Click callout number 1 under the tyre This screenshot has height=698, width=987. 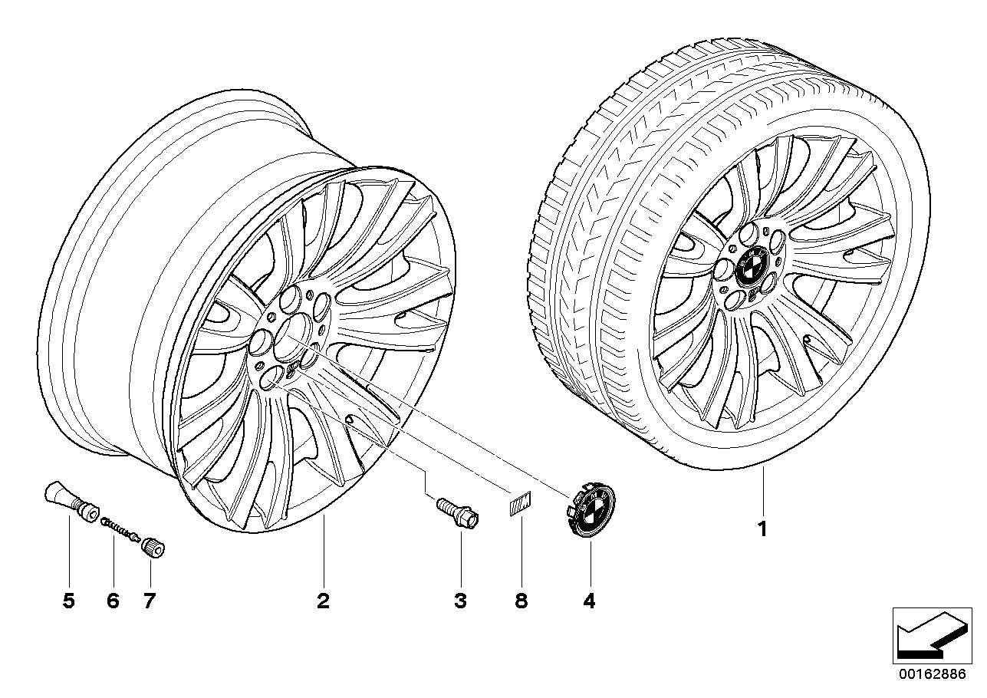pyautogui.click(x=762, y=529)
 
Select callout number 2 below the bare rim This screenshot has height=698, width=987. pyautogui.click(x=323, y=601)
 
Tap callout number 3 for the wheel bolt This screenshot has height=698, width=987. pyautogui.click(x=460, y=601)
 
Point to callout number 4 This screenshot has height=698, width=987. pyautogui.click(x=589, y=601)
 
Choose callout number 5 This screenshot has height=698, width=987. pyautogui.click(x=69, y=601)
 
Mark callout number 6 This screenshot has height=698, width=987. pyautogui.click(x=113, y=601)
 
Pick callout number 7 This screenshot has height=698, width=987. pyautogui.click(x=150, y=601)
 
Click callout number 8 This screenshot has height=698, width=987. pyautogui.click(x=521, y=601)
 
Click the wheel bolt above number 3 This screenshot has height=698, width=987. pyautogui.click(x=459, y=513)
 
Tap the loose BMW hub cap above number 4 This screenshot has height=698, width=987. pyautogui.click(x=591, y=514)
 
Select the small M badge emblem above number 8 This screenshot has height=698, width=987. pyautogui.click(x=521, y=502)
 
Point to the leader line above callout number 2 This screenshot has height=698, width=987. pyautogui.click(x=324, y=551)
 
